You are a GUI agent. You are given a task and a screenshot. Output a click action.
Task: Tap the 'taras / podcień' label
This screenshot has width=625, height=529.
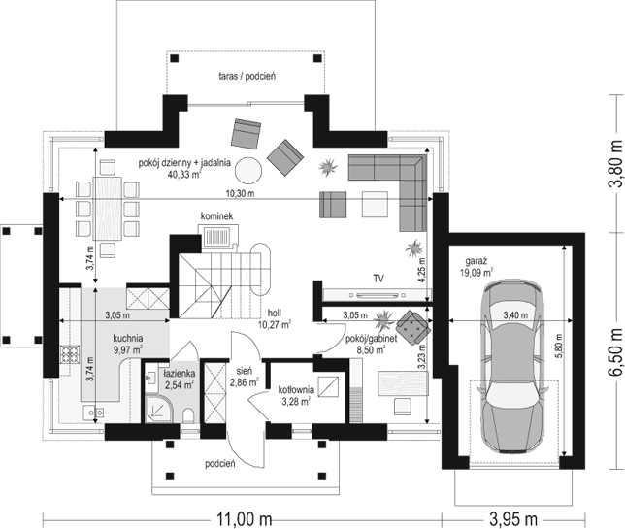point(247,76)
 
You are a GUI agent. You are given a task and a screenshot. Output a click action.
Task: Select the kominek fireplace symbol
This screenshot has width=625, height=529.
point(217,236)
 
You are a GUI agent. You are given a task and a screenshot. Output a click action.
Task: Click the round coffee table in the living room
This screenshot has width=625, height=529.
point(248,170)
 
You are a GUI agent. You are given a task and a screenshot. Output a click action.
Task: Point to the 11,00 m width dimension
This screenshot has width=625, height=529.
point(244,519)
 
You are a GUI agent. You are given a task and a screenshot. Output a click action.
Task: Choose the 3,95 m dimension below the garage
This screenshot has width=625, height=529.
point(513,519)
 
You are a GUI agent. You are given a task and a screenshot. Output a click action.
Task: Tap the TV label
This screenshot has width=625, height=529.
point(378,279)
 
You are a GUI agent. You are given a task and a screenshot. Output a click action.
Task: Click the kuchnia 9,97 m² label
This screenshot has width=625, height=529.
point(128,344)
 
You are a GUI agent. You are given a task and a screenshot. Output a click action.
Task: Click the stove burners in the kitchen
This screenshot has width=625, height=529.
point(70,355)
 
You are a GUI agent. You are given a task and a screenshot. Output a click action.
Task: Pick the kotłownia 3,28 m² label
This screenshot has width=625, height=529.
point(296,395)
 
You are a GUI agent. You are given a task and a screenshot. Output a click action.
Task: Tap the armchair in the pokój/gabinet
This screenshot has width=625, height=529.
point(413,326)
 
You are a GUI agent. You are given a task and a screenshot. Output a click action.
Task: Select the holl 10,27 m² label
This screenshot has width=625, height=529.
point(275,318)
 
